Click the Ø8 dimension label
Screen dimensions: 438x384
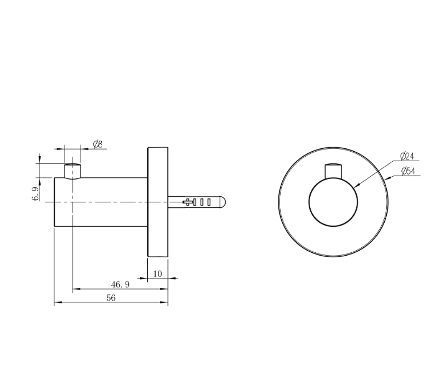click(x=98, y=144)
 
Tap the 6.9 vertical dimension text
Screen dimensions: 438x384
click(x=36, y=193)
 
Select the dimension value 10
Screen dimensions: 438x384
click(x=157, y=273)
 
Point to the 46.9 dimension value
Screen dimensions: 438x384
click(x=120, y=285)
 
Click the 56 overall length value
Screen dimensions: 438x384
click(x=111, y=298)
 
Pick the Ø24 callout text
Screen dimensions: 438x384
click(x=407, y=156)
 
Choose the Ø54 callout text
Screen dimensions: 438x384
click(x=408, y=171)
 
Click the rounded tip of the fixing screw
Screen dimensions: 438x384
click(x=223, y=202)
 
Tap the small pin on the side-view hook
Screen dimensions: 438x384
click(x=73, y=171)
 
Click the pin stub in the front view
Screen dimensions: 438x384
click(x=334, y=171)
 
